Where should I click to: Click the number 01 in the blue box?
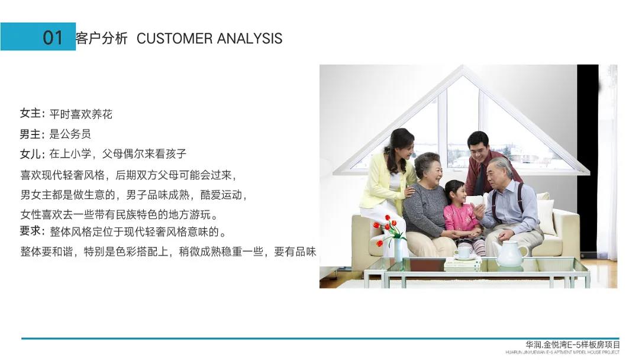[53, 37]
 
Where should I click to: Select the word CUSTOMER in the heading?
[175, 38]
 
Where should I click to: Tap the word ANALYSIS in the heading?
[250, 38]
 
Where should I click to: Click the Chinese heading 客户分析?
[102, 38]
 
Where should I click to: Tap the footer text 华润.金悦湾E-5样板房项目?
[572, 345]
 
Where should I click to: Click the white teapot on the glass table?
[509, 253]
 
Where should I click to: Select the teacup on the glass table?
[463, 252]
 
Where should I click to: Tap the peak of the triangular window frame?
[462, 66]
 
